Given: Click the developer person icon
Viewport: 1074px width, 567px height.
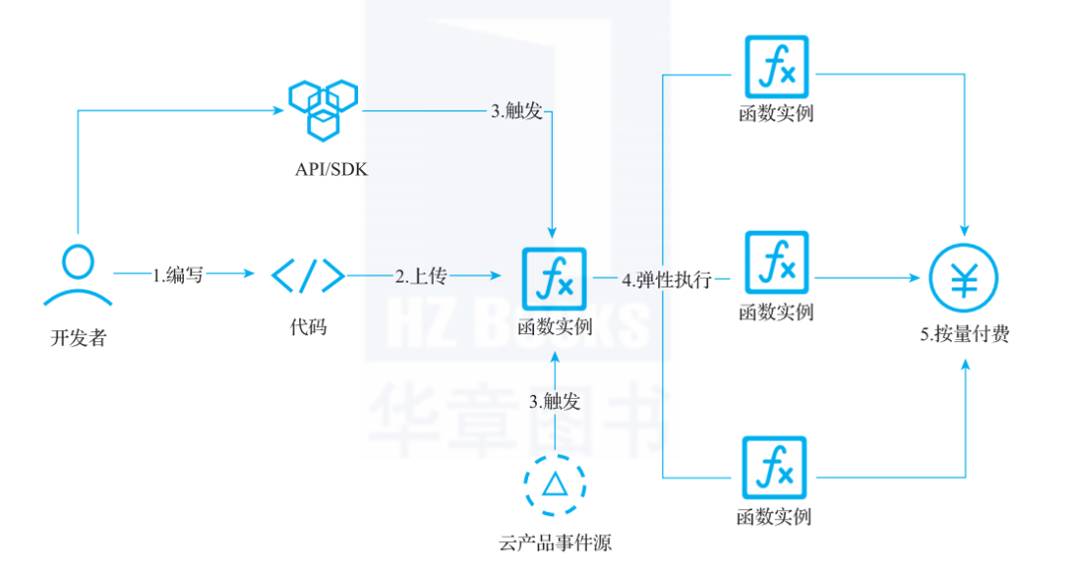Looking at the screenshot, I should click(77, 275).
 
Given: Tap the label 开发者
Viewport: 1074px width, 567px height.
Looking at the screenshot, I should click(78, 338).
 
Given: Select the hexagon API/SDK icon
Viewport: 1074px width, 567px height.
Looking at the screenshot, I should click(322, 107).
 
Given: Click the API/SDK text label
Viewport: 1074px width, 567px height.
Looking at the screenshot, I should click(331, 170).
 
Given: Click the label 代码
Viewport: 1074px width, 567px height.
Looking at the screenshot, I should click(308, 326).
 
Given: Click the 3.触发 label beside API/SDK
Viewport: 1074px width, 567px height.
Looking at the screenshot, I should click(516, 111).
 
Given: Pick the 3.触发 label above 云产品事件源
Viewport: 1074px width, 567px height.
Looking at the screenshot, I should click(554, 402).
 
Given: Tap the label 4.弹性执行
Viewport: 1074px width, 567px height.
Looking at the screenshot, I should click(666, 281).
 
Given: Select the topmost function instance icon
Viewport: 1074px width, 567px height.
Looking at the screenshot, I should click(777, 68).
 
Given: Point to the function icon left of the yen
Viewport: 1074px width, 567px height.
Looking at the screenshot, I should click(777, 264).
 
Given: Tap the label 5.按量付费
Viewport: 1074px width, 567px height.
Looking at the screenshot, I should click(965, 335).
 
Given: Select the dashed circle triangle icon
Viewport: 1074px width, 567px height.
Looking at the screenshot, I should click(554, 485).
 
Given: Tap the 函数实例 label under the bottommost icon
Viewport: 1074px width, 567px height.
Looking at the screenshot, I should click(774, 517).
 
